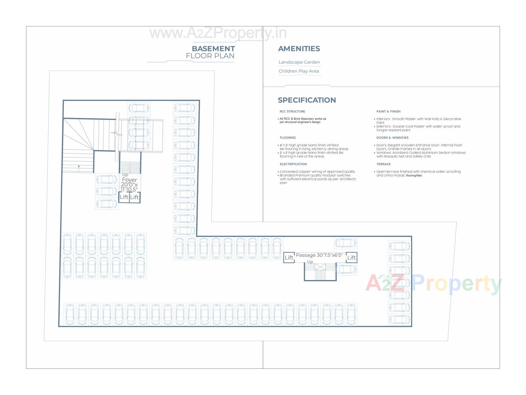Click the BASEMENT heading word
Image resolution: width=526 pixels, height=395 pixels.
(213, 49)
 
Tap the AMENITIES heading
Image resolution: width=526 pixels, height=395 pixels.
(299, 49)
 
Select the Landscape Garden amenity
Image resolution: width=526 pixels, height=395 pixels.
(299, 62)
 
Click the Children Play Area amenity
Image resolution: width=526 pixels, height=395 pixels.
(299, 71)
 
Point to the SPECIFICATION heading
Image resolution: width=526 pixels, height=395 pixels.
(307, 100)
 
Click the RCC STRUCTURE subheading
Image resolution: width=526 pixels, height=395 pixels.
(292, 111)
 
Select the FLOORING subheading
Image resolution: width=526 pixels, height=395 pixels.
(288, 138)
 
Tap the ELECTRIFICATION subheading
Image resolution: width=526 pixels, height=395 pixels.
(293, 164)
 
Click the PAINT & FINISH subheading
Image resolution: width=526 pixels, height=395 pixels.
(388, 111)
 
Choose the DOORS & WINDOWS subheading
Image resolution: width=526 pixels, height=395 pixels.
(392, 138)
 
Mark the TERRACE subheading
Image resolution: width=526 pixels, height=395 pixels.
(383, 164)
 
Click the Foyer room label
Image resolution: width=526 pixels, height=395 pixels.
(129, 180)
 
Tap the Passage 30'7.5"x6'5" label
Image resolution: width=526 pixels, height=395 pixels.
(319, 255)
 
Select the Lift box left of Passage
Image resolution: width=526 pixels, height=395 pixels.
(289, 258)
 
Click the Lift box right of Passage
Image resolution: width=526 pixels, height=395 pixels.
(351, 258)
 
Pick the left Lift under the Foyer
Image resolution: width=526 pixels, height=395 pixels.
(124, 197)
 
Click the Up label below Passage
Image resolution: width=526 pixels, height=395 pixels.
(310, 262)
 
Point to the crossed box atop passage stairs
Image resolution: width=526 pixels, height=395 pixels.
(320, 267)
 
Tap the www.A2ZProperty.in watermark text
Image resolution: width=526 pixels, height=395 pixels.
(218, 33)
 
